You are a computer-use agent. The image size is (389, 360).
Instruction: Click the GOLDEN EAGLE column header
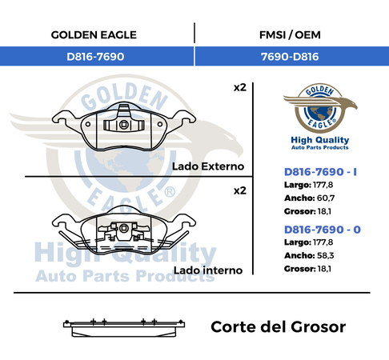[94, 35]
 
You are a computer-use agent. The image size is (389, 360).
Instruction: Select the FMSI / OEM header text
[290, 35]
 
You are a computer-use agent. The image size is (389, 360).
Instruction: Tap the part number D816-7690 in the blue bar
[95, 57]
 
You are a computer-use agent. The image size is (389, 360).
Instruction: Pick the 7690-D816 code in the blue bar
[290, 57]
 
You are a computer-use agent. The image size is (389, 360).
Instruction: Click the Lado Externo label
[208, 166]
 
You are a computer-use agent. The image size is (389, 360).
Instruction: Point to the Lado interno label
[208, 270]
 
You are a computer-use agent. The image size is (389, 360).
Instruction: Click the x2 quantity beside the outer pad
[240, 87]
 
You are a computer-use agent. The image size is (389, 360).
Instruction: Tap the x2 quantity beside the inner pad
[240, 190]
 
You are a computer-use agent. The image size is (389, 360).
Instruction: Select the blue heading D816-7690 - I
[320, 172]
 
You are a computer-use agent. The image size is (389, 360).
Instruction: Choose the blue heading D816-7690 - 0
[323, 230]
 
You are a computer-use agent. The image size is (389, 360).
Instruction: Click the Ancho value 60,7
[326, 198]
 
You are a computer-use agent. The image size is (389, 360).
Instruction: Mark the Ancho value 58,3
[326, 255]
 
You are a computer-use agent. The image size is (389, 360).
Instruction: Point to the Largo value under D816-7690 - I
[323, 185]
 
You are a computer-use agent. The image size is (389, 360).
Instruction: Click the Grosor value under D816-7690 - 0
[324, 269]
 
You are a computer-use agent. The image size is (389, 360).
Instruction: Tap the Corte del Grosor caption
[279, 327]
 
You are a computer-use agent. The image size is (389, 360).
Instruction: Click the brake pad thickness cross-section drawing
[124, 328]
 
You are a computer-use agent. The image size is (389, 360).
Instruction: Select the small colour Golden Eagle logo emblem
[320, 108]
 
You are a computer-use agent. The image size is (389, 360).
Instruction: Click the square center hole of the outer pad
[124, 125]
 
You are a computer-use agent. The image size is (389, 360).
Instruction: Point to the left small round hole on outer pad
[88, 124]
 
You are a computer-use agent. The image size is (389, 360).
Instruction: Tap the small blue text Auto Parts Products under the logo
[320, 147]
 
